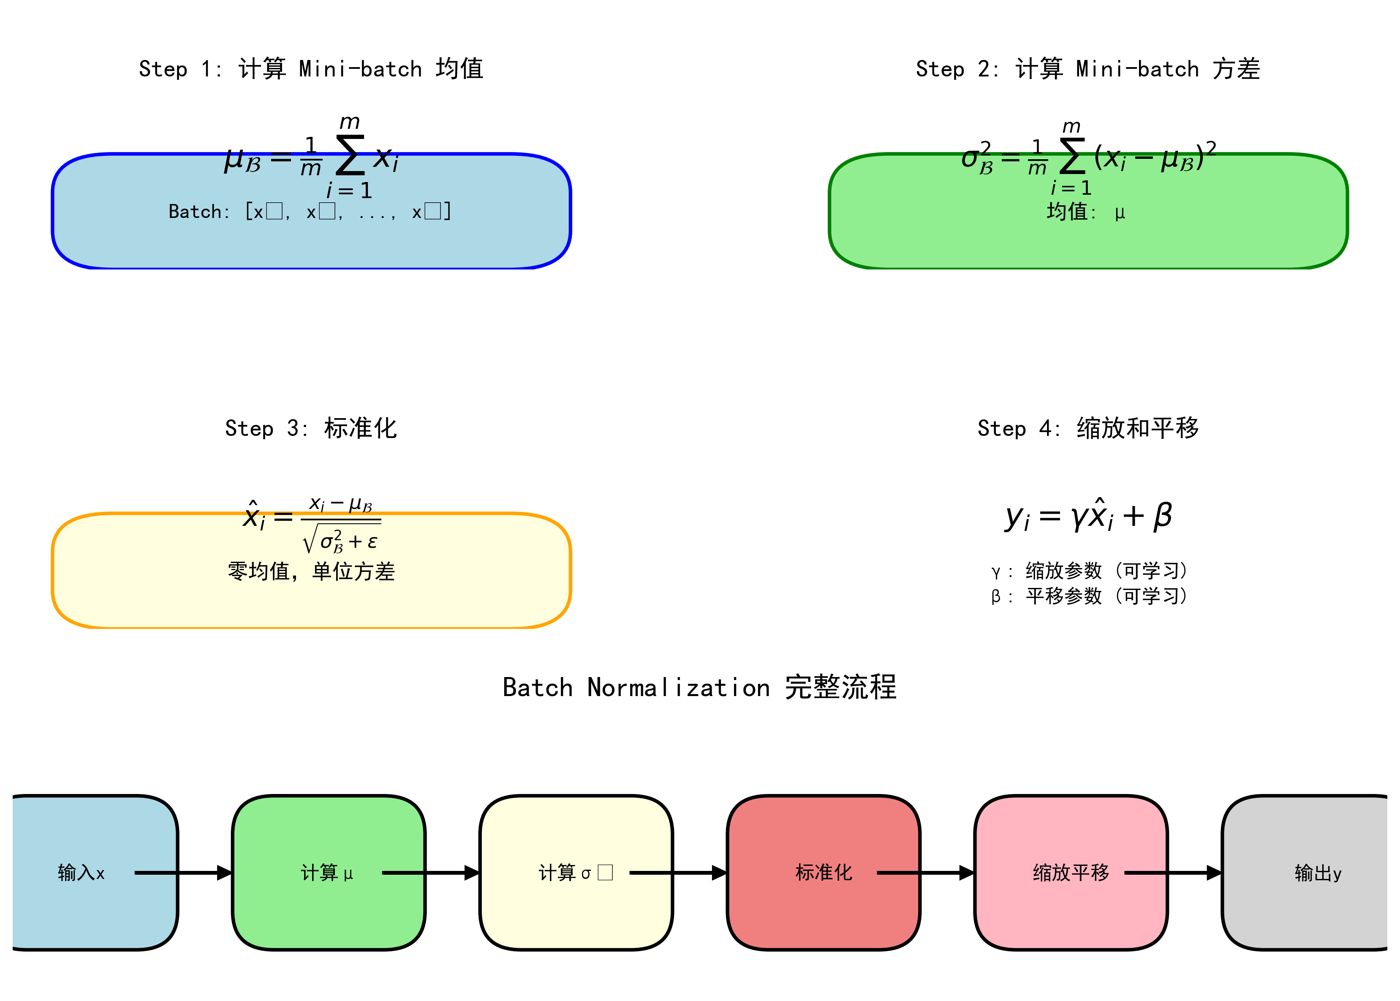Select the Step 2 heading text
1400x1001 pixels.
click(x=1087, y=68)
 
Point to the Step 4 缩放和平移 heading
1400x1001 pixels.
click(x=1087, y=428)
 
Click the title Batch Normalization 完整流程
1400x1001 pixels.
click(x=699, y=687)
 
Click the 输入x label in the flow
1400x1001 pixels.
click(x=82, y=873)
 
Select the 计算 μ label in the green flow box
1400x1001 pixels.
click(x=326, y=873)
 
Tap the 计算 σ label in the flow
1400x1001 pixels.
click(x=575, y=873)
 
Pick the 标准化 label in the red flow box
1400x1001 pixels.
click(x=823, y=873)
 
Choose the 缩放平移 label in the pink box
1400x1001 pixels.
click(x=1070, y=873)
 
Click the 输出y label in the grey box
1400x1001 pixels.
click(x=1317, y=873)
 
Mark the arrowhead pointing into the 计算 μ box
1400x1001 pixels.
click(x=224, y=873)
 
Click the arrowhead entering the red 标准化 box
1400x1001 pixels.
click(x=719, y=873)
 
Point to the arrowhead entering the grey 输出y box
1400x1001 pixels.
click(x=1213, y=873)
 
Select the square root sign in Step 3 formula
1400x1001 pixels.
click(x=309, y=539)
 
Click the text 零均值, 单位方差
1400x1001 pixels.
click(x=311, y=571)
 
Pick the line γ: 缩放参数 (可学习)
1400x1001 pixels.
click(x=1088, y=571)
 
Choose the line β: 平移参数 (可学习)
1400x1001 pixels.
click(x=1088, y=596)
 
